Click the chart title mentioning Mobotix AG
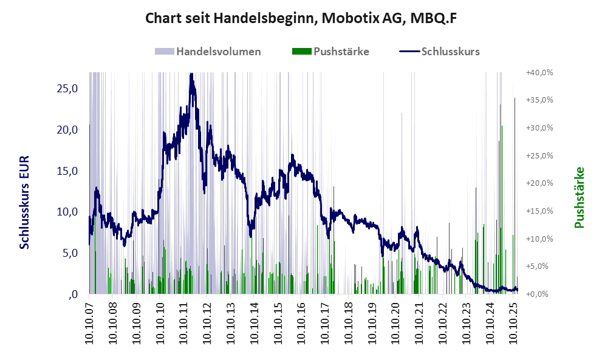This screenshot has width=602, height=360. point(301,19)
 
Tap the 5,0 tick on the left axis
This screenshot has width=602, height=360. point(69,253)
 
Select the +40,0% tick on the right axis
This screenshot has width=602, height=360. point(539,72)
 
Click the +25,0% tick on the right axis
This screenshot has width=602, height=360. point(539,155)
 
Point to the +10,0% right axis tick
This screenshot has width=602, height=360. point(539,239)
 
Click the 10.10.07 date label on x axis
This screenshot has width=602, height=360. point(89,321)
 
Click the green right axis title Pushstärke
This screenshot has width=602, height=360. point(580,198)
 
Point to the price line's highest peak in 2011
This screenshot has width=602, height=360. point(192,75)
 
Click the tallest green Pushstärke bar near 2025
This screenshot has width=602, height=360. point(502,127)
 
